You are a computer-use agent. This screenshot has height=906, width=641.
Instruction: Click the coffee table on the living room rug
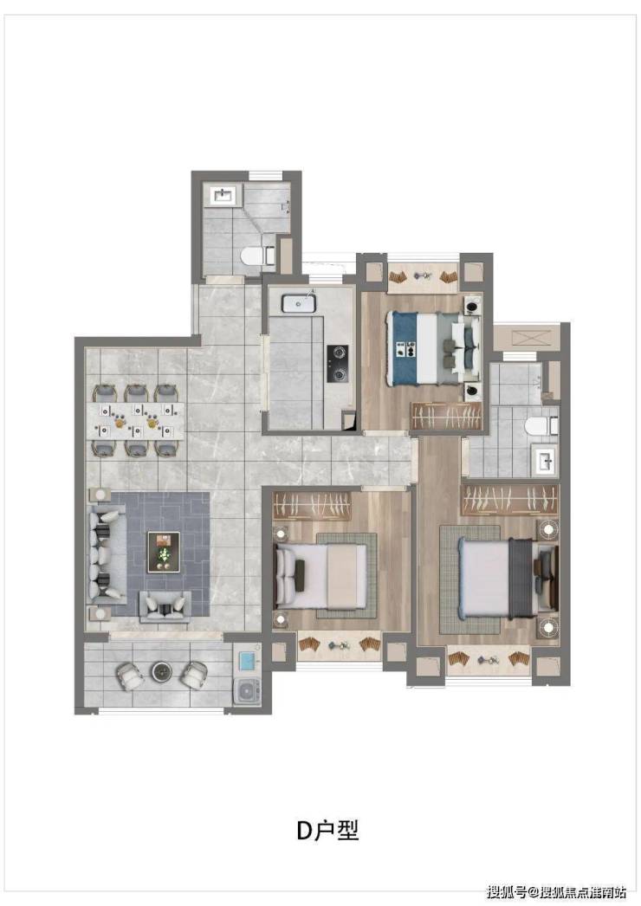[x=164, y=552]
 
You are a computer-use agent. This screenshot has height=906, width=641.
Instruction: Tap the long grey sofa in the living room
[x=107, y=554]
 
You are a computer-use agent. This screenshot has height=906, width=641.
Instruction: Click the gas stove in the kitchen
[x=336, y=364]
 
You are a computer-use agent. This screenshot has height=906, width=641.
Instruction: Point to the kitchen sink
[x=299, y=303]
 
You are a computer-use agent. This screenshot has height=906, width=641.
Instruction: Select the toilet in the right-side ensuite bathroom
[x=541, y=426]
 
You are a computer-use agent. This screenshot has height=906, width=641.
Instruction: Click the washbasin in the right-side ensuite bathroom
[x=545, y=461]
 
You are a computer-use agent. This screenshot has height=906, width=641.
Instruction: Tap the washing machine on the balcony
[x=247, y=690]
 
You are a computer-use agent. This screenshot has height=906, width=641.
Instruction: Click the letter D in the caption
[x=305, y=831]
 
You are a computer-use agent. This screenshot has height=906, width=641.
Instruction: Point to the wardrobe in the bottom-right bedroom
[x=510, y=499]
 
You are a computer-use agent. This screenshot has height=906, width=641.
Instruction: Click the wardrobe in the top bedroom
[x=445, y=416]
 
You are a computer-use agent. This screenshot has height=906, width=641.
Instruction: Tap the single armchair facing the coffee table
[x=165, y=606]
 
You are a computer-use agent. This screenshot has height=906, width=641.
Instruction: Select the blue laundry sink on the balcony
[x=247, y=660]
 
